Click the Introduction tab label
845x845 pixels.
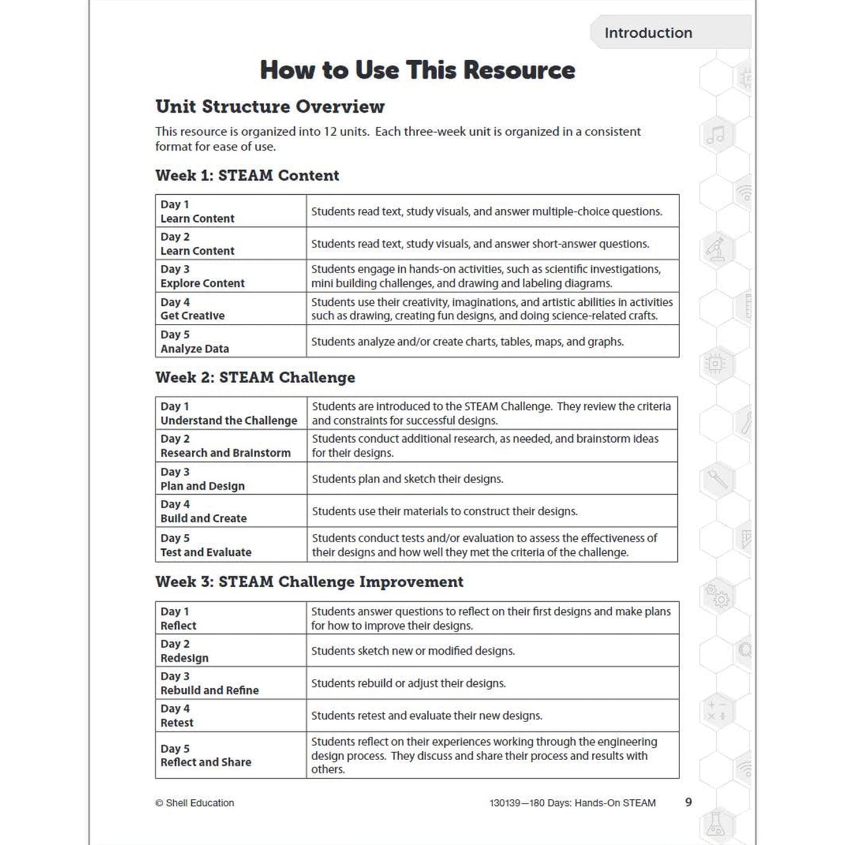(648, 33)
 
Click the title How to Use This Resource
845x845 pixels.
(417, 70)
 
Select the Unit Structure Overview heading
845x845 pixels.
(270, 106)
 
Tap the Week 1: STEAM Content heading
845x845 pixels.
(247, 175)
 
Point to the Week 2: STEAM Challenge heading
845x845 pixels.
(255, 377)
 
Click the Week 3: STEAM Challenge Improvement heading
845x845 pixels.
(309, 582)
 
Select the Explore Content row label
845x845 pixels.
(202, 283)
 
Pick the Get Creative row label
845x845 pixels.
(192, 316)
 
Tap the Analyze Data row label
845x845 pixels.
(195, 349)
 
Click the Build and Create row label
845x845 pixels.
(204, 518)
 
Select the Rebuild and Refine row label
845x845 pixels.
(209, 690)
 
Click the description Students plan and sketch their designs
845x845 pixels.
(407, 479)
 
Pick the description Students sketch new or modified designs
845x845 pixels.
(413, 651)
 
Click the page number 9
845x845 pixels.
(688, 802)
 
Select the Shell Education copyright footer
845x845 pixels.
(195, 803)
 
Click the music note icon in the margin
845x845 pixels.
(715, 136)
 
